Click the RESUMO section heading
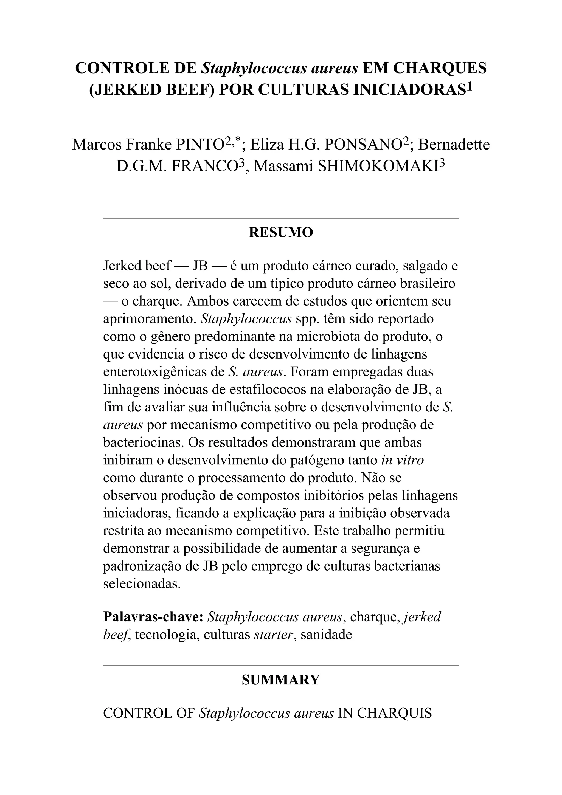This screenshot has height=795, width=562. (x=281, y=232)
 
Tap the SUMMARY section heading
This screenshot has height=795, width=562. (x=281, y=680)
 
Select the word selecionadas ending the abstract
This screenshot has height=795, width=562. (x=142, y=584)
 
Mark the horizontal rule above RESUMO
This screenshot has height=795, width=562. (x=281, y=218)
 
